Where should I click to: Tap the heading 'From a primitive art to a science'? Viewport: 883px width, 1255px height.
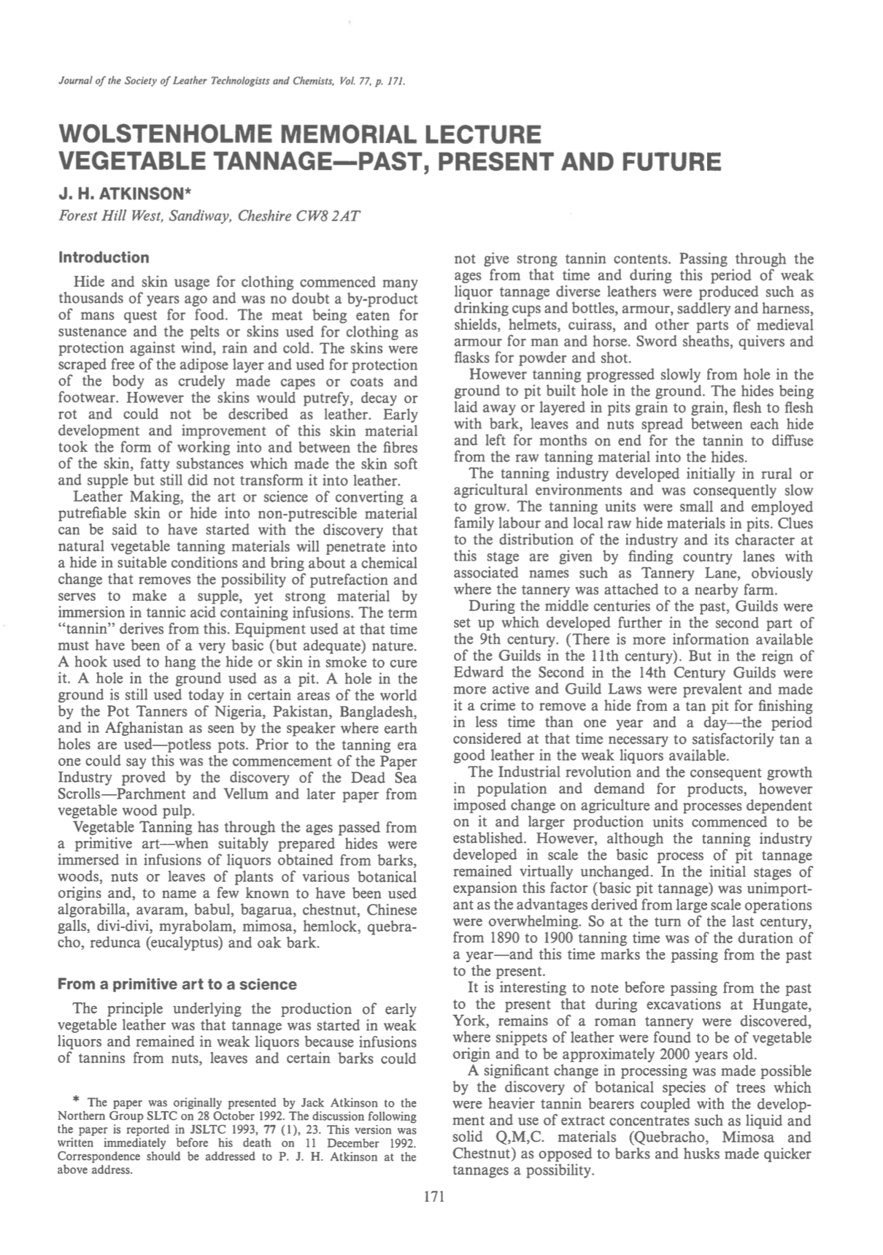(177, 984)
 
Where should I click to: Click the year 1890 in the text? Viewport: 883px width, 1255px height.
(506, 938)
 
